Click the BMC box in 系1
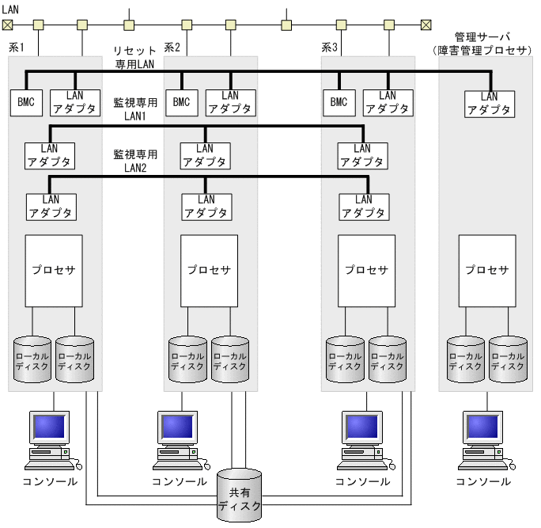point(25,102)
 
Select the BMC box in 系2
point(181,102)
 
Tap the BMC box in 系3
point(339,102)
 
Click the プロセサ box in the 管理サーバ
point(487,270)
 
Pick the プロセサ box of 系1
point(54,270)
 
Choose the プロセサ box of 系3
point(367,270)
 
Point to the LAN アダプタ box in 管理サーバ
point(490,104)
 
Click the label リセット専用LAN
point(135,56)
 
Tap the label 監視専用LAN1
point(135,109)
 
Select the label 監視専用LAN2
point(135,161)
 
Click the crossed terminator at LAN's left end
point(8,25)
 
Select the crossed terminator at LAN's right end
point(426,25)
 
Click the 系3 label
point(330,47)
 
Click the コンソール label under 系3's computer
point(362,481)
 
